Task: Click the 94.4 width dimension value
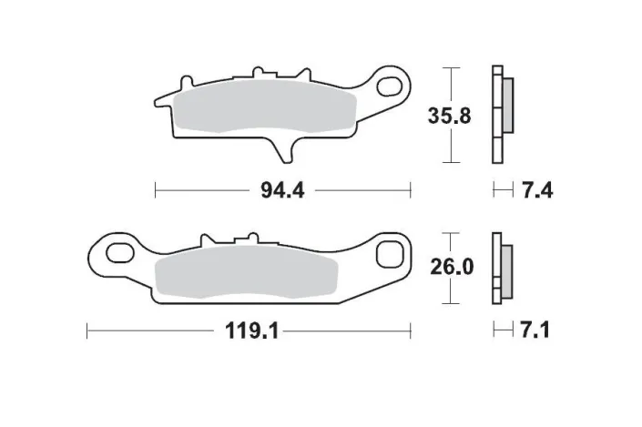click(x=282, y=190)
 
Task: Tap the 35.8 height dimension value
click(x=449, y=117)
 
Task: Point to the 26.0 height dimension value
click(x=451, y=268)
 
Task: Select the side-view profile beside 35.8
click(x=502, y=116)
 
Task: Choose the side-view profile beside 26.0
click(x=502, y=269)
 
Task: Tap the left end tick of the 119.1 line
click(x=87, y=331)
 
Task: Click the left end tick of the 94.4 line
click(x=156, y=190)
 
